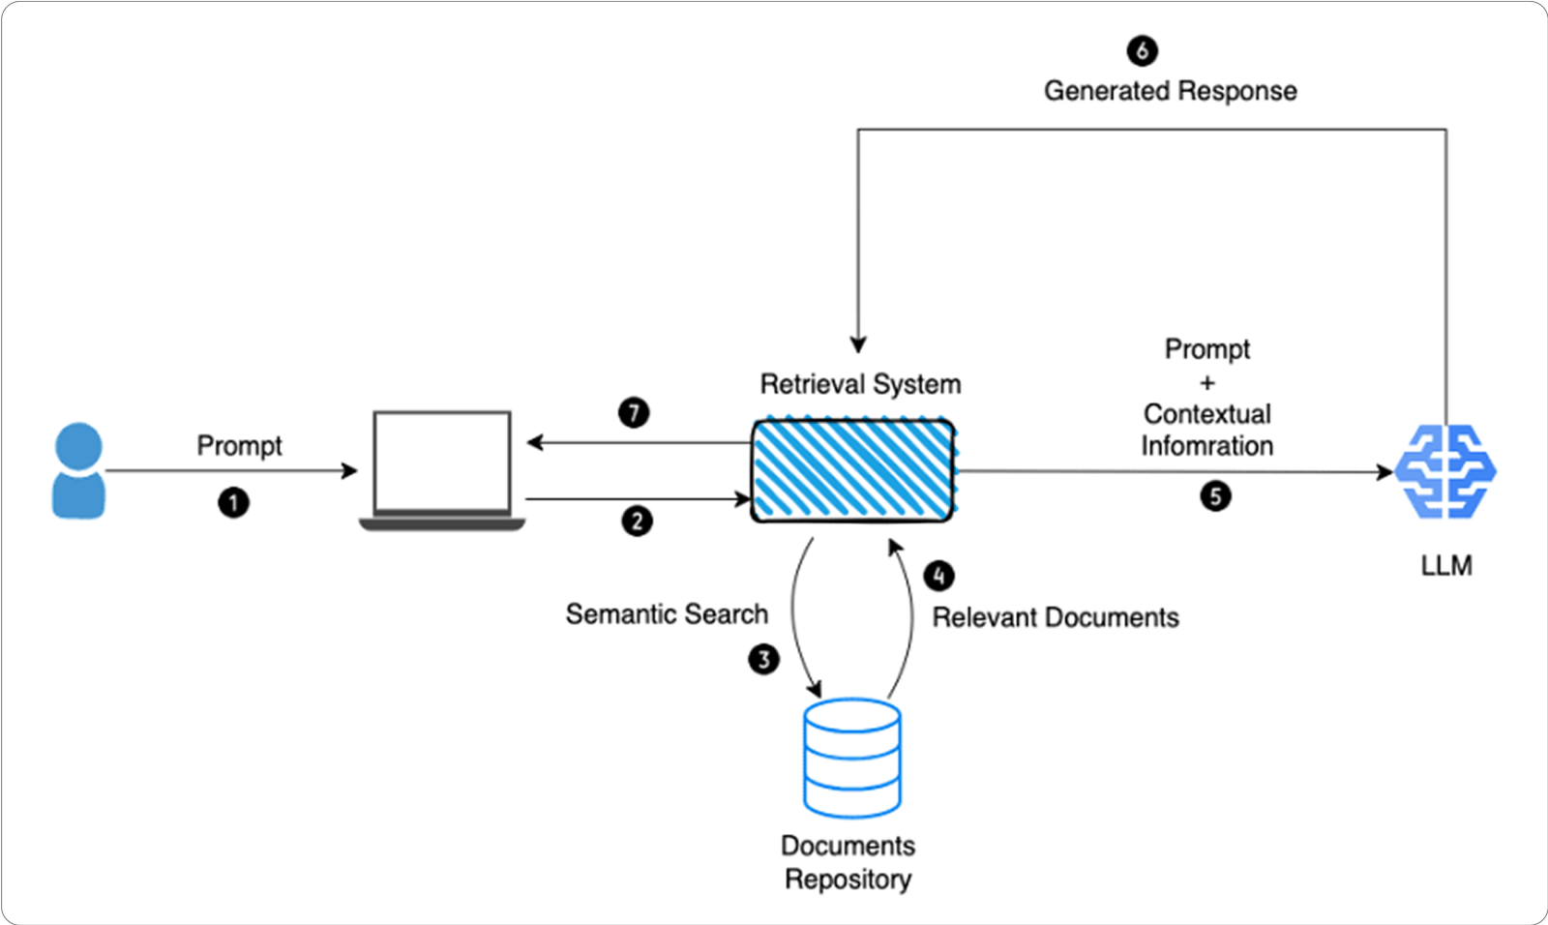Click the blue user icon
[x=78, y=471]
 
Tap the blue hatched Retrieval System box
[x=853, y=471]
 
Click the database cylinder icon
[x=852, y=758]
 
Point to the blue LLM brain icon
[x=1445, y=471]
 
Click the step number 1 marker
[x=233, y=503]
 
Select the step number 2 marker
[x=637, y=522]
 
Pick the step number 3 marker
[x=763, y=660]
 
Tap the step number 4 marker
[x=938, y=576]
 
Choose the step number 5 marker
[x=1215, y=496]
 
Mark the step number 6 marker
[x=1142, y=50]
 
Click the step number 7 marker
[x=634, y=413]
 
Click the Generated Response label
[x=1170, y=91]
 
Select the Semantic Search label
[x=667, y=614]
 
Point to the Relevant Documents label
[x=1056, y=617]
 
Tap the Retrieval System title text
[x=860, y=384]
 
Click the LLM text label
[x=1446, y=565]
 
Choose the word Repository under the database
[x=848, y=880]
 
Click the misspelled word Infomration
[x=1206, y=446]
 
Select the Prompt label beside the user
[x=239, y=446]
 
